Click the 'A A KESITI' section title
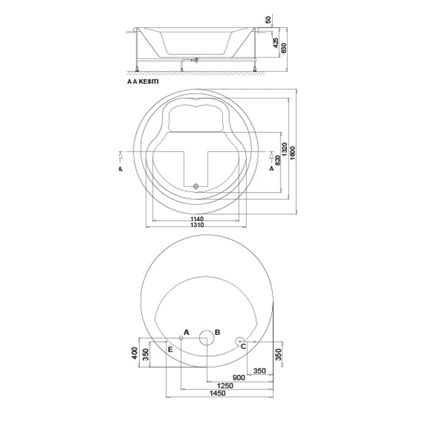click(x=143, y=82)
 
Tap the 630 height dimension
click(x=283, y=48)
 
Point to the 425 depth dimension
click(x=276, y=43)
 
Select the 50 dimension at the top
click(x=268, y=20)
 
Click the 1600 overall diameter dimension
click(x=293, y=153)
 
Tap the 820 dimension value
click(x=278, y=160)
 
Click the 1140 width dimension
click(x=197, y=219)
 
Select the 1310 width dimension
click(x=197, y=225)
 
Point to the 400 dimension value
click(x=135, y=353)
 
